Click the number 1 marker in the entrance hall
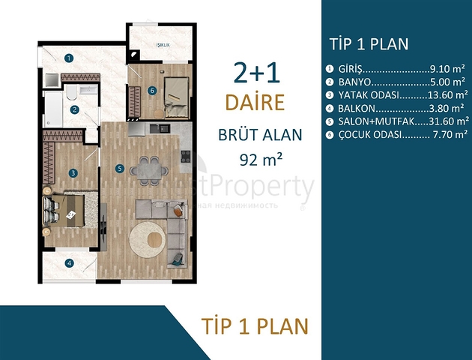(68, 57)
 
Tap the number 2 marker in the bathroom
(75, 109)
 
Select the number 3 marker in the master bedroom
(73, 173)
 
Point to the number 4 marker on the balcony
(69, 262)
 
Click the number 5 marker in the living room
(119, 168)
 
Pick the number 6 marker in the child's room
(152, 91)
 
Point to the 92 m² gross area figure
(259, 160)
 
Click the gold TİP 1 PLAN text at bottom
(255, 325)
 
